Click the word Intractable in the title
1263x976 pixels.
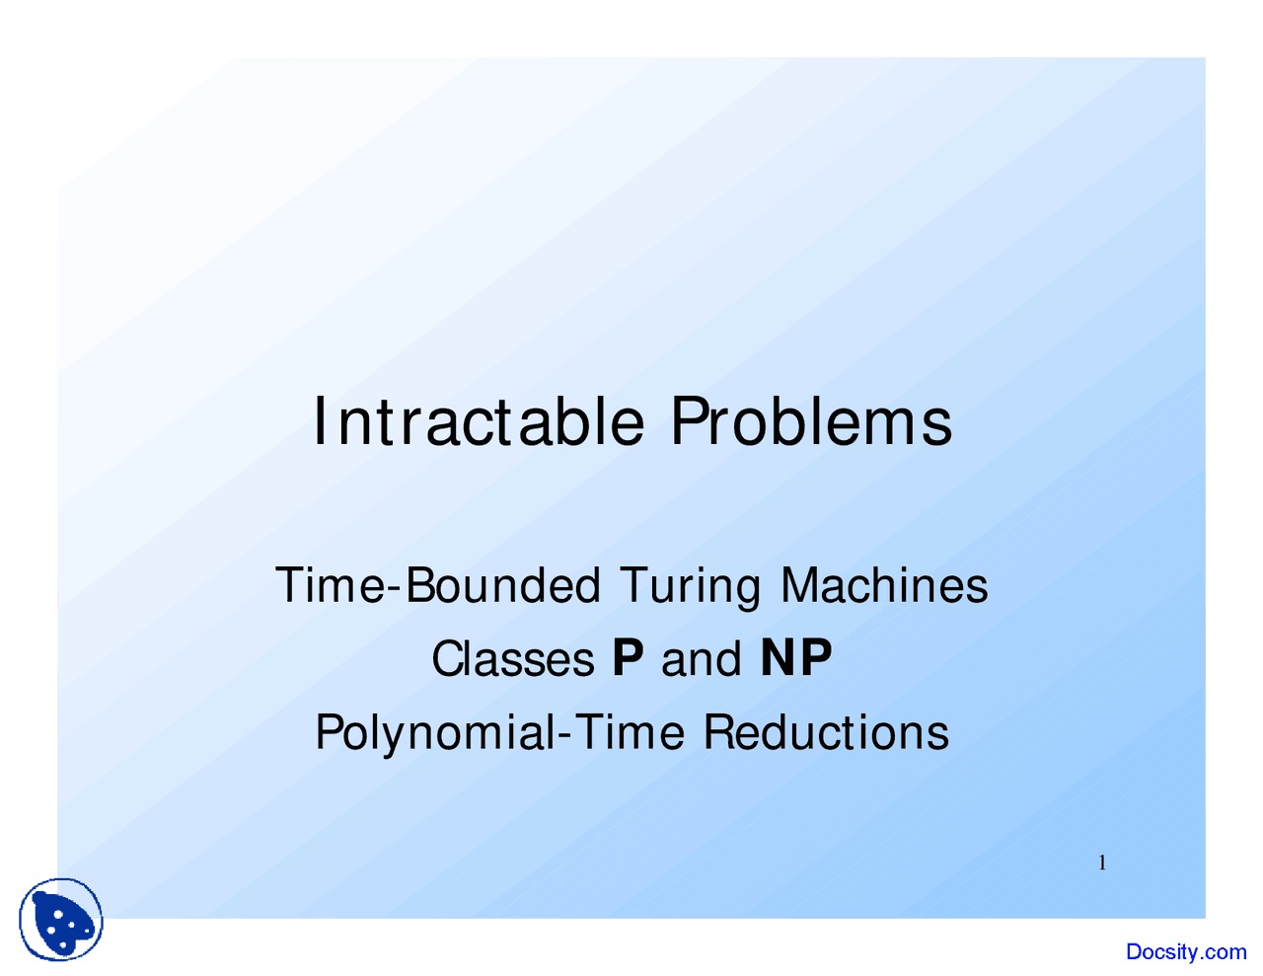479,422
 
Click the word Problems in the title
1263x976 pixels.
812,422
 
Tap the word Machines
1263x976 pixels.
884,586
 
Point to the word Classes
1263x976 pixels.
513,659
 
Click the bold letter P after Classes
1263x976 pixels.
629,658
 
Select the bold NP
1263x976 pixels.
795,658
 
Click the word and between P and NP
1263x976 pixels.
702,659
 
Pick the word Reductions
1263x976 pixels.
827,732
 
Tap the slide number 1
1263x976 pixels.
1102,863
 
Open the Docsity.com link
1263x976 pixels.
1186,952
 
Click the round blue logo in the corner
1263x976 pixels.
61,920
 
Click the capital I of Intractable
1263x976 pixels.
319,421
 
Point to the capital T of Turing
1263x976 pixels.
635,586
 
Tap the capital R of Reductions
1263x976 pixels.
720,732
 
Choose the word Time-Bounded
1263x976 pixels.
438,586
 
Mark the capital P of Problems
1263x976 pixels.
690,421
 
